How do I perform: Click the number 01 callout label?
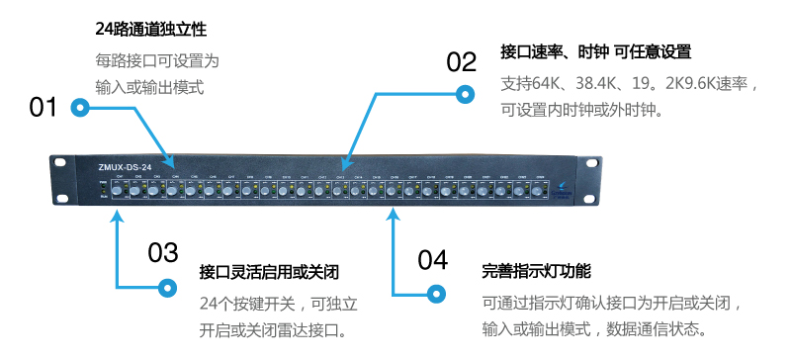[x=44, y=107]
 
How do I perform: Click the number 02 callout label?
[x=462, y=62]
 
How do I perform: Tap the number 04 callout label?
[x=432, y=260]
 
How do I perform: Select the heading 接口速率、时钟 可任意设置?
[x=596, y=51]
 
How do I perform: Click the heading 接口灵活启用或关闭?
[x=269, y=271]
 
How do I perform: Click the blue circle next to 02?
[x=464, y=94]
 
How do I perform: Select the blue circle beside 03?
[x=164, y=288]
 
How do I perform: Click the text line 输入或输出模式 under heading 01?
[x=149, y=87]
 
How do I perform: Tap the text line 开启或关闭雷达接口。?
[x=274, y=329]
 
